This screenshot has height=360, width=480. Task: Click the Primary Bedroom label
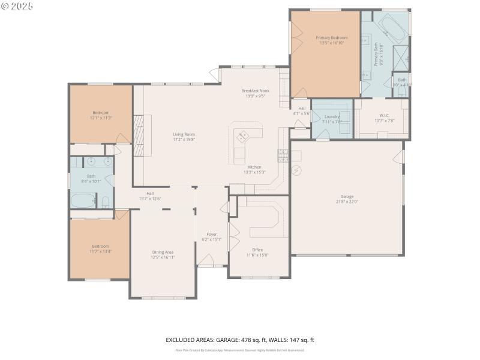pos(332,37)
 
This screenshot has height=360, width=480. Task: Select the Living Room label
pos(184,134)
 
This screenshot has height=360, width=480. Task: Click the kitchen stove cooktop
pos(283,156)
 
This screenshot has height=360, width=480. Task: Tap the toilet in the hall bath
pos(105,201)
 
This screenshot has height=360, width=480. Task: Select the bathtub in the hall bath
pos(83,201)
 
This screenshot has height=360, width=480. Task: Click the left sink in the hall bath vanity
pos(89,161)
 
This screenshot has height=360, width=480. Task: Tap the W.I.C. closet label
pos(384,115)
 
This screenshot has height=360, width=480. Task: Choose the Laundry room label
pos(332,116)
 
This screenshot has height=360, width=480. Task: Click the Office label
pos(257,250)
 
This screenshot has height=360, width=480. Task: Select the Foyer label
pos(211,234)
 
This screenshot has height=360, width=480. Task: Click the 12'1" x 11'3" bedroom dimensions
pos(101,118)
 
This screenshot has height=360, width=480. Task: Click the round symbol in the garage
pos(296,170)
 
